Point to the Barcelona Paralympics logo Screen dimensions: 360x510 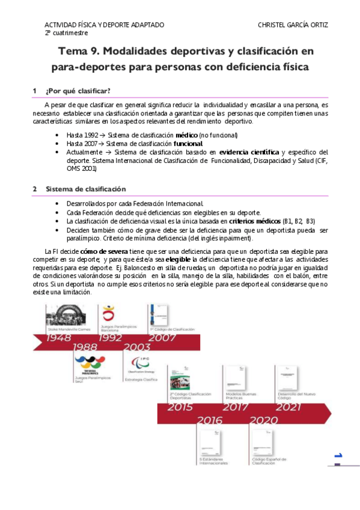point(108,313)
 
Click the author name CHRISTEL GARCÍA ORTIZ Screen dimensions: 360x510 point(293,25)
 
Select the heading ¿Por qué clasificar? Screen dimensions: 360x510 point(78,90)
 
